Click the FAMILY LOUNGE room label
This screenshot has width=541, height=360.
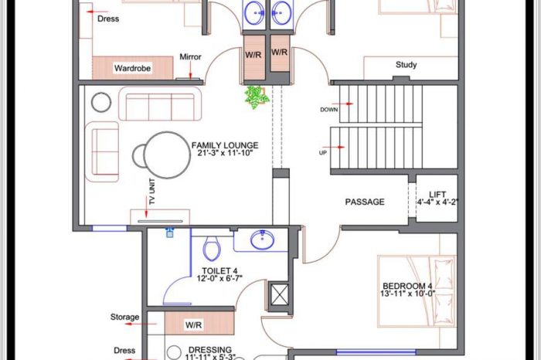[225, 149]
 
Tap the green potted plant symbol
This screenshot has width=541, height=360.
[257, 97]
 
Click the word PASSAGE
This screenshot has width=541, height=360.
[365, 202]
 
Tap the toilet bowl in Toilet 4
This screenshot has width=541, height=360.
[211, 247]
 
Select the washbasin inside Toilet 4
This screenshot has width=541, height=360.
[262, 239]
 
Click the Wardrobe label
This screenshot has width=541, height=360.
[132, 68]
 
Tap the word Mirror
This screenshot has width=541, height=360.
[190, 57]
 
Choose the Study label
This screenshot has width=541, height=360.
[406, 64]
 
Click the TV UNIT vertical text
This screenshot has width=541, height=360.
[151, 192]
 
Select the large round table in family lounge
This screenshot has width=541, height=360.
[167, 155]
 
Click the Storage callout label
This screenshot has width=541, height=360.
[125, 317]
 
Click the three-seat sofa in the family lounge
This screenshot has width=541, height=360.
[160, 104]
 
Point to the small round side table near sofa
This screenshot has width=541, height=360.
[101, 102]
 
